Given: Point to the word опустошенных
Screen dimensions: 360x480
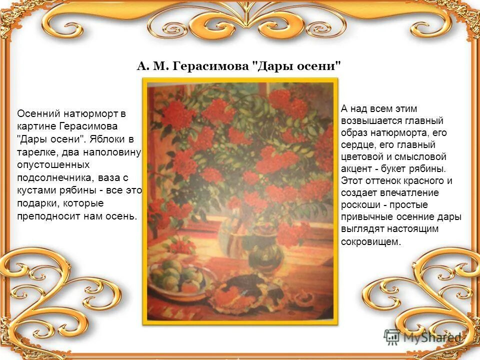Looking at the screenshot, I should [53, 164].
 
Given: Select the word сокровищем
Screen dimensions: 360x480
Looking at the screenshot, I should [370, 241].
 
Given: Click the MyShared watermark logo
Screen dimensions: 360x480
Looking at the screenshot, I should [423, 337].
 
